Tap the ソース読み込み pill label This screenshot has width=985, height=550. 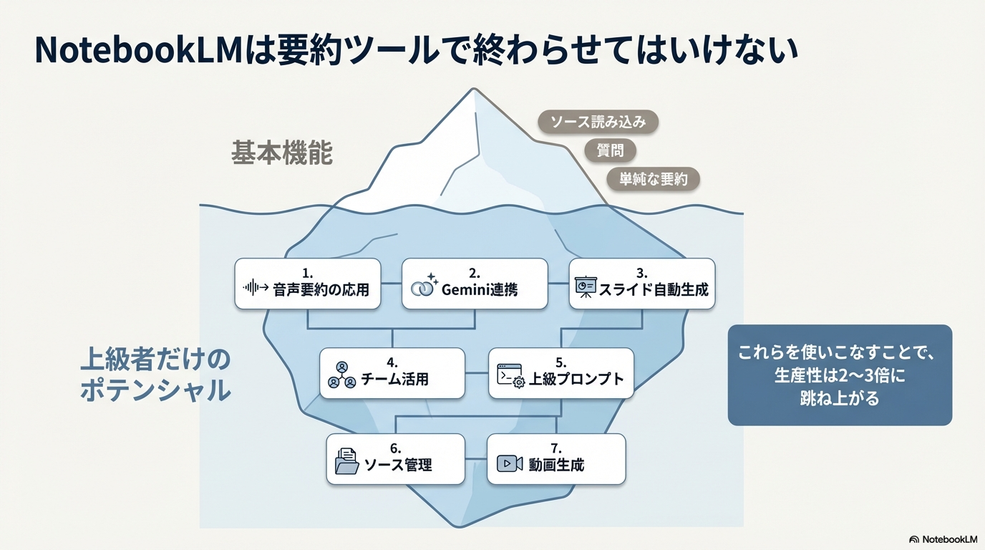pyautogui.click(x=598, y=122)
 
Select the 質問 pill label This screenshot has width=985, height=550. pyautogui.click(x=610, y=150)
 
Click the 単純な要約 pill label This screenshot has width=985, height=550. pyautogui.click(x=653, y=179)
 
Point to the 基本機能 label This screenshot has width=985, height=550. pyautogui.click(x=282, y=153)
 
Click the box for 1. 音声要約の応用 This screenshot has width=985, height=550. pyautogui.click(x=308, y=284)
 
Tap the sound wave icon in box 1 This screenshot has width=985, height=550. pyautogui.click(x=256, y=289)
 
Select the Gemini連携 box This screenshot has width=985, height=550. pyautogui.click(x=475, y=284)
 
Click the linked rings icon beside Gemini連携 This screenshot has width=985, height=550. pyautogui.click(x=424, y=286)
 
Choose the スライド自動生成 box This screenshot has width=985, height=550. pyautogui.click(x=642, y=284)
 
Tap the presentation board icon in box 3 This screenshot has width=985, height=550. pyautogui.click(x=586, y=288)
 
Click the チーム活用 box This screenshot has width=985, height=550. pyautogui.click(x=392, y=373)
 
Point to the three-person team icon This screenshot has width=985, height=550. pyautogui.click(x=341, y=375)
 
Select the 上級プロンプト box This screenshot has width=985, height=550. pyautogui.click(x=561, y=373)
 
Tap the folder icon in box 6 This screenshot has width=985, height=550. pyautogui.click(x=347, y=462)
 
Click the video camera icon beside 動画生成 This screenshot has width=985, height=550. pyautogui.click(x=510, y=464)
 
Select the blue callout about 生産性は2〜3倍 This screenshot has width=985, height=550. pyautogui.click(x=840, y=375)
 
